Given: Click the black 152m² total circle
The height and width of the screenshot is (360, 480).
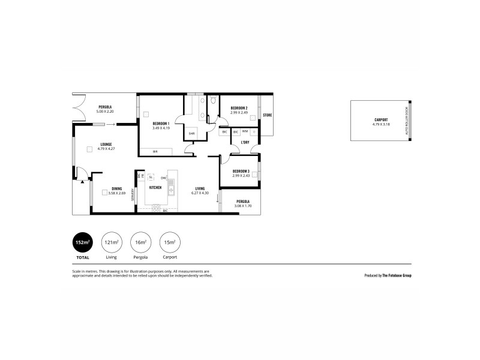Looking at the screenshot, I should point(82,242).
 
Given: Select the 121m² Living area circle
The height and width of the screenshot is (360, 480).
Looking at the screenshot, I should point(111,242).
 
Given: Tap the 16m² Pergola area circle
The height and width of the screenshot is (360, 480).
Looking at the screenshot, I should point(140,242).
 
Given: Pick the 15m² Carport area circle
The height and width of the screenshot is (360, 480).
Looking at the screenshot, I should point(169,242).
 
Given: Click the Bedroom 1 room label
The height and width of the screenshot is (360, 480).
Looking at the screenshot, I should point(161,124).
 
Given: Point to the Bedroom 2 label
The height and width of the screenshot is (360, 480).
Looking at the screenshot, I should point(239,108).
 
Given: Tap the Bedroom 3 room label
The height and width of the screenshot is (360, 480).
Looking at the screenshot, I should point(241,171).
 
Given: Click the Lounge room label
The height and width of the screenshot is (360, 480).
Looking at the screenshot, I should point(106,145).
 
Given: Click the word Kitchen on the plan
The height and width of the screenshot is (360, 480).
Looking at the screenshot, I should point(155,187).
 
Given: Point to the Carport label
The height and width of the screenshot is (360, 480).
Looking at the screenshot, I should point(380,120).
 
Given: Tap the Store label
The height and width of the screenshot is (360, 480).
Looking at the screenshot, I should point(268,115).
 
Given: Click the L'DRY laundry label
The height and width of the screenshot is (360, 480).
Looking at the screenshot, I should point(245,142).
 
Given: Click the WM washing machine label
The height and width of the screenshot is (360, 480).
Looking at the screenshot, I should point(245,131).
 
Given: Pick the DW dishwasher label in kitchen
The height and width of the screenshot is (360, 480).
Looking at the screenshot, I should point(163,178).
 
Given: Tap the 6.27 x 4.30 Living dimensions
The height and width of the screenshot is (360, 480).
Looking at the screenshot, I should point(200,193).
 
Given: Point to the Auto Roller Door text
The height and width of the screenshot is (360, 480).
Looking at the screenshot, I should point(407,120).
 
